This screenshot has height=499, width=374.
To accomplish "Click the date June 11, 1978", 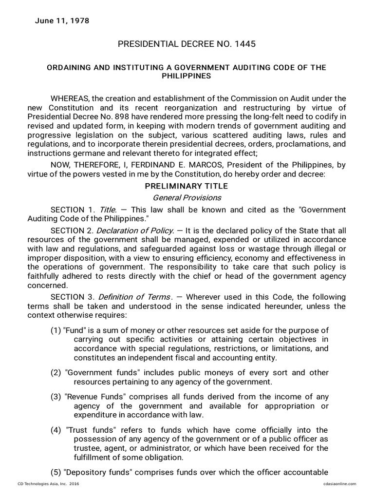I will pos(62,21).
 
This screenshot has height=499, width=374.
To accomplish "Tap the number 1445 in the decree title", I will pos(244,44).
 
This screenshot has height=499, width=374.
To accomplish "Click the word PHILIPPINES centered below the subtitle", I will pos(187,77).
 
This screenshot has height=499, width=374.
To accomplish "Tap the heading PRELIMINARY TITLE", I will pos(187,186).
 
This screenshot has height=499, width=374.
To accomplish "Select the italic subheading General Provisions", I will pos(187,197).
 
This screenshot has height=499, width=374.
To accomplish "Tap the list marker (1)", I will pos(56,330).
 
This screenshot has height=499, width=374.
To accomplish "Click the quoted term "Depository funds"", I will pos(98,472).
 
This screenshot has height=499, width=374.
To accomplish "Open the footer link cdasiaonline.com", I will pos(339,483).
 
